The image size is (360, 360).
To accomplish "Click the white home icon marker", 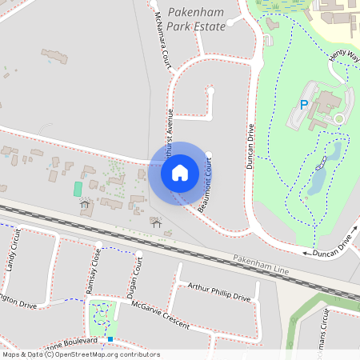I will click(x=180, y=173).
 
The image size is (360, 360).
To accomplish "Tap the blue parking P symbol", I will click(x=304, y=105).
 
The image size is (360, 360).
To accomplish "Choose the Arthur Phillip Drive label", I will click(x=218, y=292).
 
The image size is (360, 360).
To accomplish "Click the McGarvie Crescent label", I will click(x=162, y=314).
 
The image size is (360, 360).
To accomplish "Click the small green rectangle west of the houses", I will click(x=78, y=189).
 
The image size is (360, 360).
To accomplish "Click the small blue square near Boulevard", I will click(x=110, y=339).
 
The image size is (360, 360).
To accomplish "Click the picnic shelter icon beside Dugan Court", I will click(x=156, y=222).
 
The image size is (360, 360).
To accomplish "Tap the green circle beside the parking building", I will click(x=338, y=119).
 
